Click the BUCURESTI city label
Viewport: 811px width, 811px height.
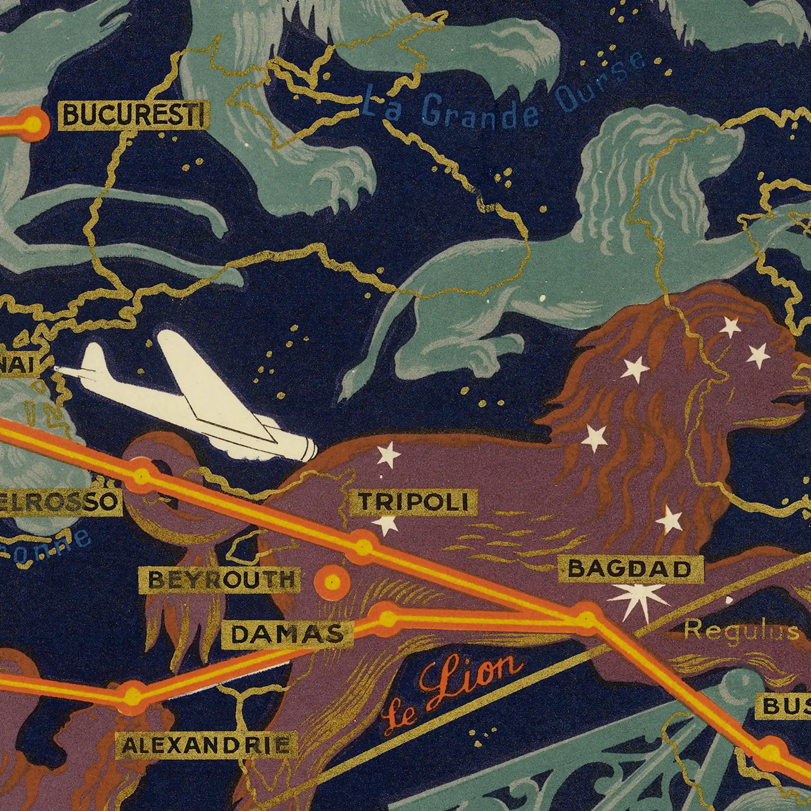coord(133,115)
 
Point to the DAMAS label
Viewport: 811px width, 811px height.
coord(287,634)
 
